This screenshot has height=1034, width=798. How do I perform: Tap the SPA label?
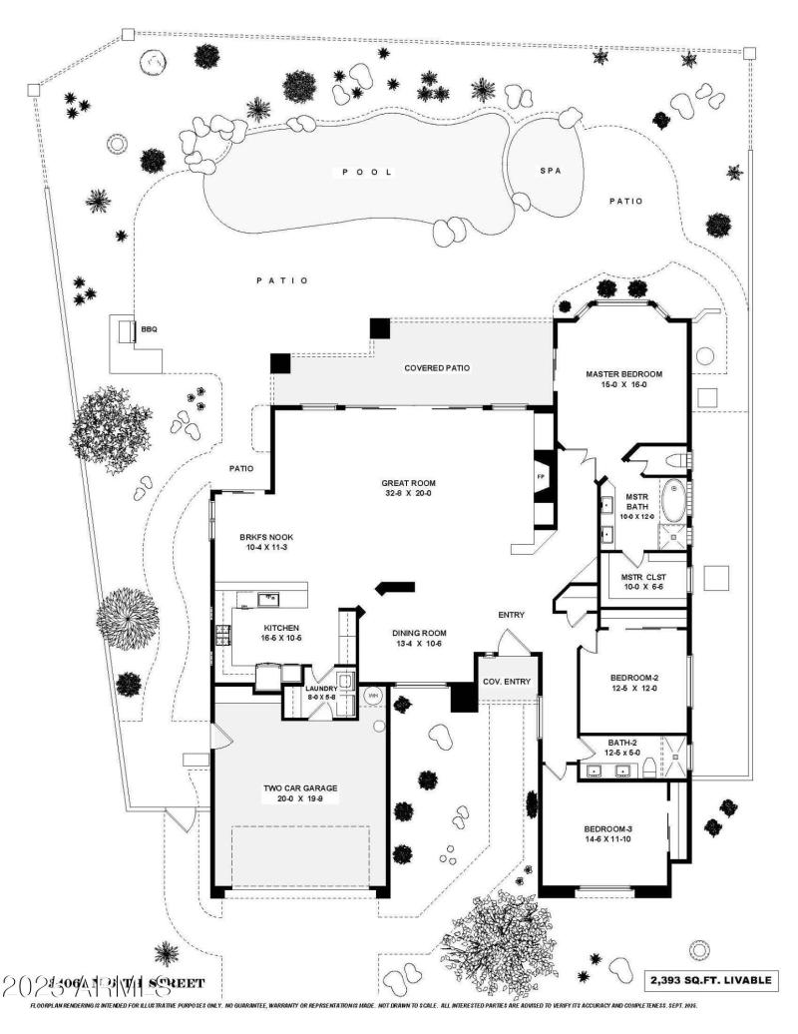[x=550, y=171]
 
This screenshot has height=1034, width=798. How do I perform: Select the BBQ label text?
[x=149, y=329]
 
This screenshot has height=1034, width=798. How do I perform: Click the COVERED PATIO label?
[x=436, y=368]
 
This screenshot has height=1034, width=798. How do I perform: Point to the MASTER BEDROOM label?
[x=623, y=374]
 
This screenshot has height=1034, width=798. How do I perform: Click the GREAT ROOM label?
[x=408, y=483]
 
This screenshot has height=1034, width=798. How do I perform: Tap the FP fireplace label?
[x=542, y=477]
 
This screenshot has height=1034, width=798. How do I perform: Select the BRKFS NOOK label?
[x=257, y=537]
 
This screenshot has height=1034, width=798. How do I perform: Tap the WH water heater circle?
[x=373, y=695]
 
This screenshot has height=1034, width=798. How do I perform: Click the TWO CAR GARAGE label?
[x=300, y=788]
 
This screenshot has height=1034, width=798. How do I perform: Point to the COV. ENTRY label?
[x=506, y=683]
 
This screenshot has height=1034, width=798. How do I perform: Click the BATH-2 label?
[x=626, y=743]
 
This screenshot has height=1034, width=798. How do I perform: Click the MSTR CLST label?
[x=643, y=578]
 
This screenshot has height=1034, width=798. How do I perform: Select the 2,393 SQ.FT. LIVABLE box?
[x=711, y=980]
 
